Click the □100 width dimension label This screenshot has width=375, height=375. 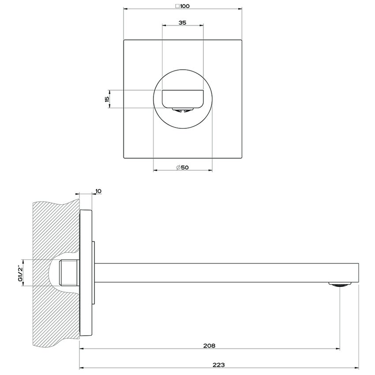point(183,6)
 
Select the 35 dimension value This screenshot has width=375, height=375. point(182,23)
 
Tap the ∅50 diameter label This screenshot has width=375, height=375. point(182,167)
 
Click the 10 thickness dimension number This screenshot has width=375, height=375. point(98,191)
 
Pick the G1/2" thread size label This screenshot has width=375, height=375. point(19,274)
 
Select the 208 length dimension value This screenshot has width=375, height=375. point(210,346)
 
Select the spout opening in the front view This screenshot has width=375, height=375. point(183,98)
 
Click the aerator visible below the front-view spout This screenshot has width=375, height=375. point(183,110)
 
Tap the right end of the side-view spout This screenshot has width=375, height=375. point(358,273)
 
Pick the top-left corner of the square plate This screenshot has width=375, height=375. point(124,41)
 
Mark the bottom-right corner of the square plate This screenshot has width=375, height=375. point(241,158)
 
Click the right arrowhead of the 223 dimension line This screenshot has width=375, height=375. point(358,367)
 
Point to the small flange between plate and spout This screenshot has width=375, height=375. point(93,273)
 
